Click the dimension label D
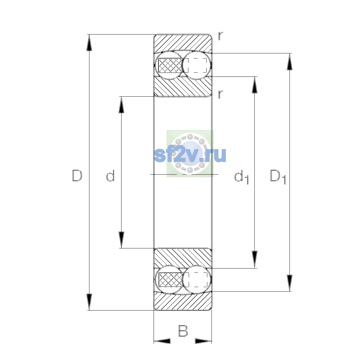coord(77,175)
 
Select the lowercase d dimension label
coord(110,175)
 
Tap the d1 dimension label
coord(241,177)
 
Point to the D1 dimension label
coord(278,177)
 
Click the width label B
coord(183,331)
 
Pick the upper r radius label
coord(220,36)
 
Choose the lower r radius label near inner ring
coord(220,94)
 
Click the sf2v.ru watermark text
coord(190,155)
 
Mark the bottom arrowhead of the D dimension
coord(89,302)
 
